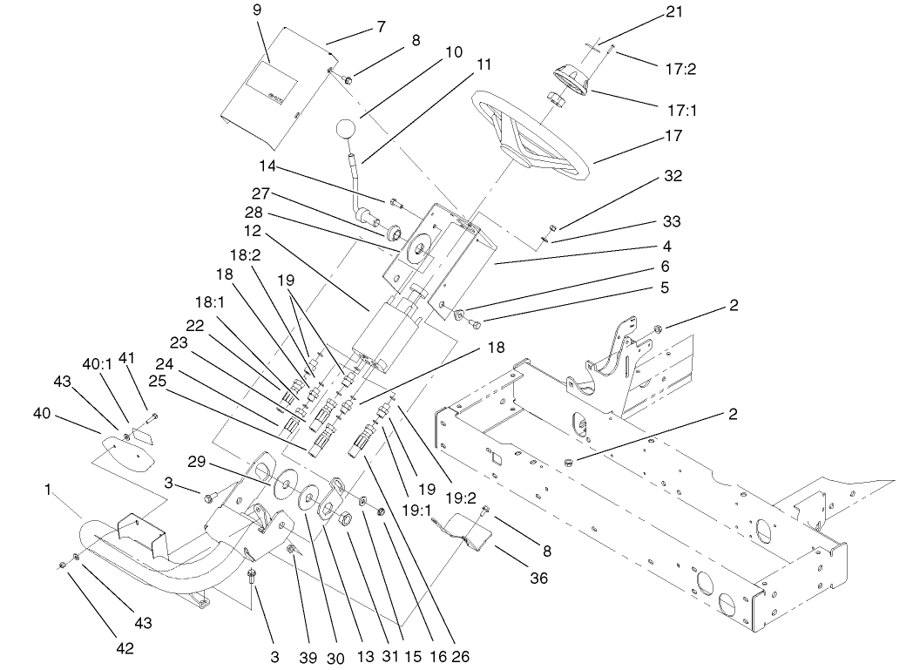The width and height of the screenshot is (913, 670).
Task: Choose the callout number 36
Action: pyautogui.click(x=539, y=578)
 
